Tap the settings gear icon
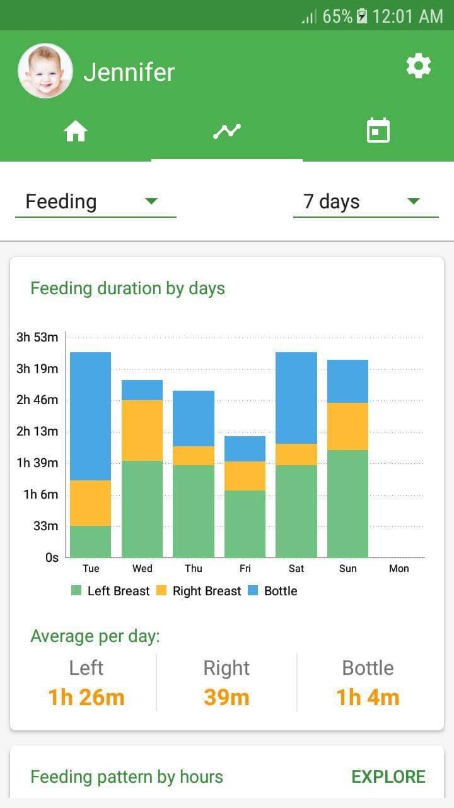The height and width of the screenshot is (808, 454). click(x=419, y=66)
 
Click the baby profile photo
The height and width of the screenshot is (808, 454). click(x=45, y=71)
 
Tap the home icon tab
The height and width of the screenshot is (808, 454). click(x=76, y=131)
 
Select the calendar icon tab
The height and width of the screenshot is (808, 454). click(x=378, y=131)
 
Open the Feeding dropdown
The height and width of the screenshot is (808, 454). click(x=95, y=202)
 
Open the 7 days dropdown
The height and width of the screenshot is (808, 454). click(x=365, y=202)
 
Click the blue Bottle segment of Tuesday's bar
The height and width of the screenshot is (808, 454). click(x=90, y=416)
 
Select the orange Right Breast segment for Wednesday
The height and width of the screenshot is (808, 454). click(x=142, y=430)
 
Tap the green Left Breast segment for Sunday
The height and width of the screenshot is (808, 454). click(x=347, y=503)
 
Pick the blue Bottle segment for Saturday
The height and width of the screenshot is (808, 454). click(x=296, y=398)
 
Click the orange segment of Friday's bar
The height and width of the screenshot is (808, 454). click(x=245, y=475)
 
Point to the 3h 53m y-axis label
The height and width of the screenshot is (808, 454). click(x=37, y=337)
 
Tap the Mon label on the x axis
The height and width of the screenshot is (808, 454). click(x=399, y=568)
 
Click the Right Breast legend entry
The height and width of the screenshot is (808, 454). click(x=199, y=591)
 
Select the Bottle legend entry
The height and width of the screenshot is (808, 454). click(x=272, y=591)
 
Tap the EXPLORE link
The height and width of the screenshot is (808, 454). click(x=388, y=776)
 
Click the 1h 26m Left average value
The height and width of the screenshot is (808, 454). click(x=86, y=698)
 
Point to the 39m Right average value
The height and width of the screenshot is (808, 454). click(x=226, y=698)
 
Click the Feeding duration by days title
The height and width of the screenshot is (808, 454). click(x=127, y=288)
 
